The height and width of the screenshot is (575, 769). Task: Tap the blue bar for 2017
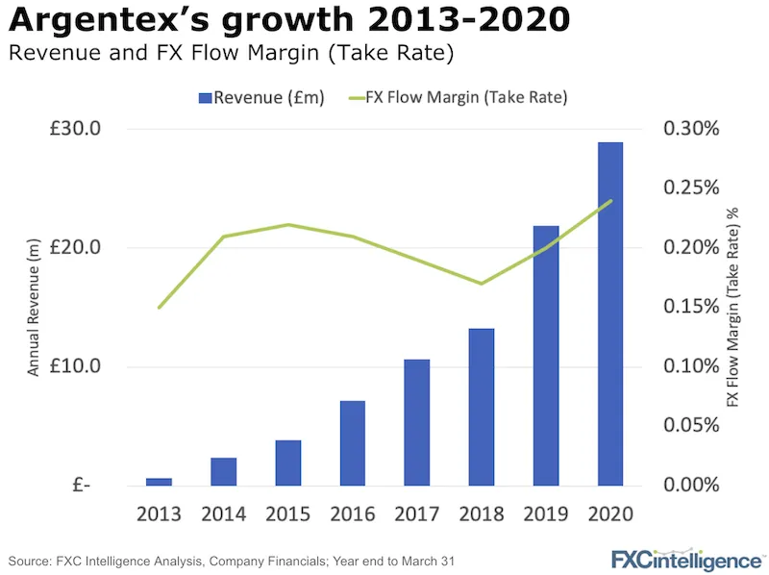click(x=416, y=422)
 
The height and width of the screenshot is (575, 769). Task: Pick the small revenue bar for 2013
click(x=160, y=481)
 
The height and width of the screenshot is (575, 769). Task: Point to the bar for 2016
click(x=352, y=442)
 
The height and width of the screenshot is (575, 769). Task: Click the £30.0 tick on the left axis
click(x=76, y=129)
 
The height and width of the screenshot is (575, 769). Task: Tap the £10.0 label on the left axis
click(x=76, y=366)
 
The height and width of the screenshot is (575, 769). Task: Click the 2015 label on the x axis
click(x=287, y=513)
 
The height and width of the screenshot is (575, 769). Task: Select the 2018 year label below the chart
click(x=481, y=513)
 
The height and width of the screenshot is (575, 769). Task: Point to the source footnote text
click(x=231, y=559)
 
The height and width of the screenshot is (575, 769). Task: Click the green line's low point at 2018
click(x=481, y=284)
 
